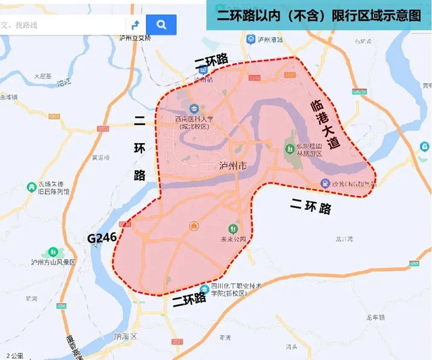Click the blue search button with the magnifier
(x=161, y=25)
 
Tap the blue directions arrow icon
(x=135, y=25)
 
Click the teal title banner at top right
(x=319, y=15)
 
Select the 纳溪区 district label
(x=126, y=336)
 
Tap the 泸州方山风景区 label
(x=54, y=262)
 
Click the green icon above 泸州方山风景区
(x=49, y=251)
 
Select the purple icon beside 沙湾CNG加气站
(x=325, y=183)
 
